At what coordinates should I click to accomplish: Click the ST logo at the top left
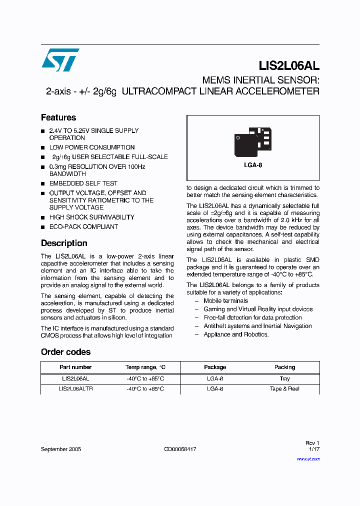tap(60, 60)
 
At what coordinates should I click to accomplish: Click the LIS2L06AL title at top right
tap(289, 65)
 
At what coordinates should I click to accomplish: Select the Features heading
tap(58, 117)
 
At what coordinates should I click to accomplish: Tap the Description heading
tap(64, 243)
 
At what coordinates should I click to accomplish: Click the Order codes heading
tap(65, 352)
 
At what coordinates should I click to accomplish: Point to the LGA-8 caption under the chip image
tap(253, 165)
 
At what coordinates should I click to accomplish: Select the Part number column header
tap(75, 367)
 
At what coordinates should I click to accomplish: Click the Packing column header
tap(284, 367)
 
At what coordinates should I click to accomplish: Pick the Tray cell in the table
tap(284, 379)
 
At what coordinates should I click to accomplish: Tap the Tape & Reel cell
tap(284, 388)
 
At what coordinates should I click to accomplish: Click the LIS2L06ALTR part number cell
tap(75, 388)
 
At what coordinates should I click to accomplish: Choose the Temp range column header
tap(145, 367)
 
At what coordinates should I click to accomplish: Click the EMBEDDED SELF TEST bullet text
tap(83, 183)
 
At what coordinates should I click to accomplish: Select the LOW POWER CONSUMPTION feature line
tap(91, 147)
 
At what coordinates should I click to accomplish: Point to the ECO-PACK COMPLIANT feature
tap(83, 226)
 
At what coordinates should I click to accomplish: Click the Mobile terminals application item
tap(225, 301)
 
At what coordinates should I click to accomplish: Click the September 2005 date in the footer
tap(61, 449)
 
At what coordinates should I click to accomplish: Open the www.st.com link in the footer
tap(310, 458)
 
